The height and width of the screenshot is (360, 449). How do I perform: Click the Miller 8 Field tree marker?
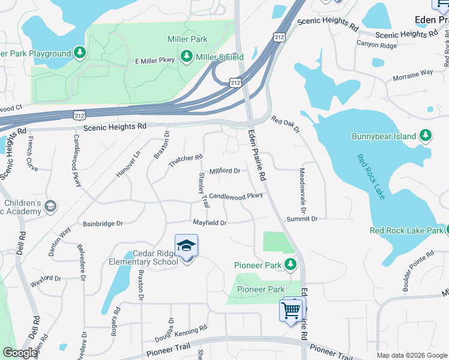coord(187,56)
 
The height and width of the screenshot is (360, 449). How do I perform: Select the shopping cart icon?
coord(291,310)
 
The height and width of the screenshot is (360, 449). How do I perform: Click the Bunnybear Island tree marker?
coord(426,136)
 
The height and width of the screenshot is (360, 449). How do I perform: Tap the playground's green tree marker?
coord(80,53)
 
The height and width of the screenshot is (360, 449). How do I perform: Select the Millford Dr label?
coord(224,171)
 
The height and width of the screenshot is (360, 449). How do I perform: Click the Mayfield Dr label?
coord(209,223)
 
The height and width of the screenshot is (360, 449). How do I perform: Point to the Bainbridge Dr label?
coord(103,223)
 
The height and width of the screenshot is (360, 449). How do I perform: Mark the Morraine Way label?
coord(412,76)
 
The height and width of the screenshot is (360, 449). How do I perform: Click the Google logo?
coord(20,353)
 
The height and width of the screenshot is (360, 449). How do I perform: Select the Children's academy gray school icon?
coord(50,206)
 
